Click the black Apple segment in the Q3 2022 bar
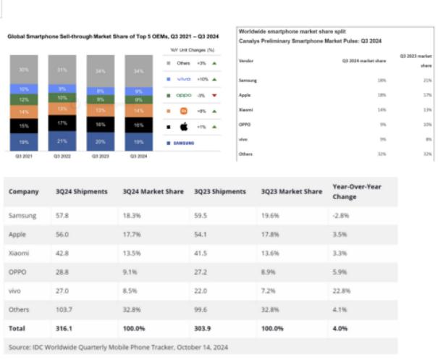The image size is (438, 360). pyautogui.click(x=62, y=124)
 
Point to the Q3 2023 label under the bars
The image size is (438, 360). pyautogui.click(x=100, y=156)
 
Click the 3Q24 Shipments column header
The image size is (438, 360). pyautogui.click(x=82, y=191)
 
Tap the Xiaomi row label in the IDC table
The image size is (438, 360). pyautogui.click(x=20, y=252)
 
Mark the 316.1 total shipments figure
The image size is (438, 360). pyautogui.click(x=67, y=329)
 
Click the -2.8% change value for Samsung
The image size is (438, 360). pyautogui.click(x=341, y=216)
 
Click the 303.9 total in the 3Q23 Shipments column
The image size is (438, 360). pyautogui.click(x=205, y=329)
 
